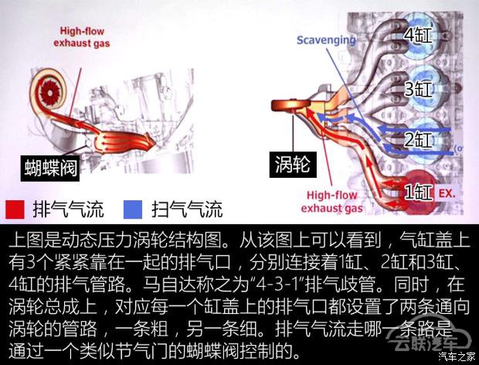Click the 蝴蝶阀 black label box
coord(50,169)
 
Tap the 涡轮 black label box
coord(293,165)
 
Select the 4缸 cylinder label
coord(418,36)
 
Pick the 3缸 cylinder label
coord(418,89)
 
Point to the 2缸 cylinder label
coord(418,140)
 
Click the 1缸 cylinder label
coord(418,193)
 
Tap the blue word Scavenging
coord(326,40)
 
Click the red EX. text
coord(447,193)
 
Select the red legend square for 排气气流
coord(15,210)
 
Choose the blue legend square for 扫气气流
coord(133,210)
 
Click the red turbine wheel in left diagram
coord(49,90)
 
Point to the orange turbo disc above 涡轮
coord(290,105)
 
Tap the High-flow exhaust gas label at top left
coord(82,37)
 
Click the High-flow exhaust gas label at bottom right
coord(331,202)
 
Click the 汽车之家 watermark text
coord(457,356)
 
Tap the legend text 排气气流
coord(69,210)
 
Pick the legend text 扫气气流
coord(187,210)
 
